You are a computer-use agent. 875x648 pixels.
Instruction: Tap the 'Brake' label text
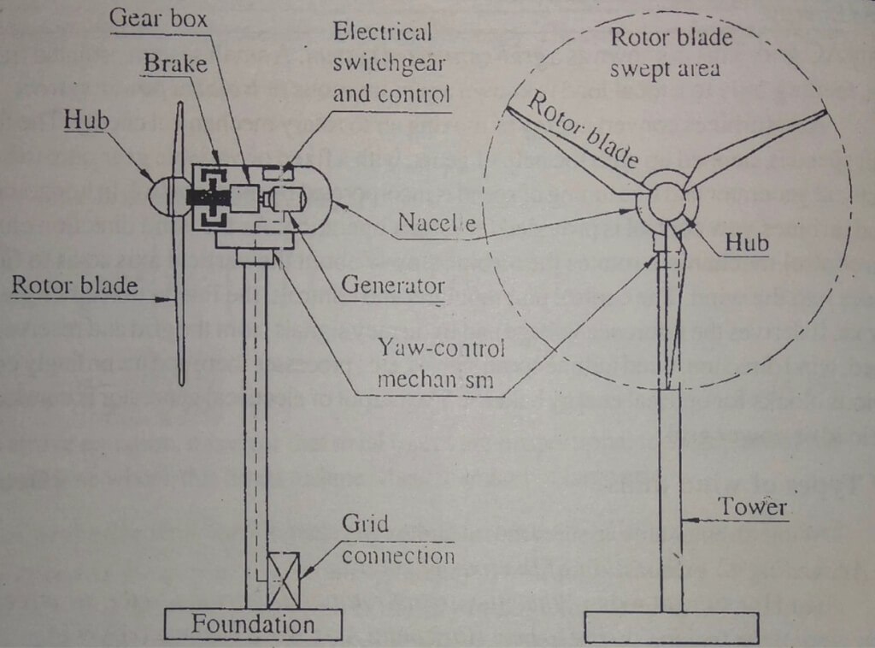pyautogui.click(x=175, y=63)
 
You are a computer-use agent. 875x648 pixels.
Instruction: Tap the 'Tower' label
pyautogui.click(x=751, y=506)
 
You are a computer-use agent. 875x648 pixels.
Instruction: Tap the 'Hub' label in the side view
pyautogui.click(x=87, y=121)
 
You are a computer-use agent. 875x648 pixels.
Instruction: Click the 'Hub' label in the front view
pyautogui.click(x=746, y=244)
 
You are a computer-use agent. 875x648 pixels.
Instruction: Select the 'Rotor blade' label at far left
pyautogui.click(x=74, y=285)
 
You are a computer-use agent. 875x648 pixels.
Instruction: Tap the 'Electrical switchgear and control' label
pyautogui.click(x=391, y=63)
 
